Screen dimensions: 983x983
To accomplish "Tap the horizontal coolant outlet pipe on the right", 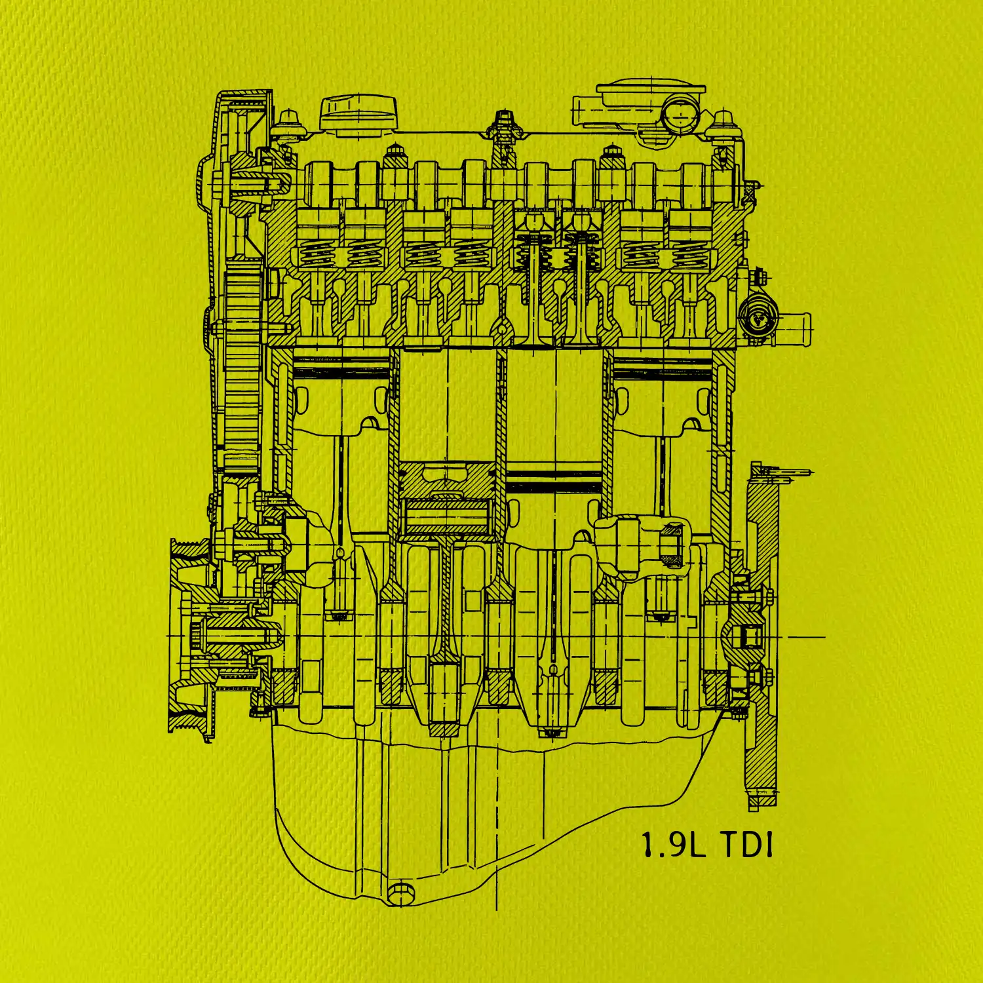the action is [793, 325].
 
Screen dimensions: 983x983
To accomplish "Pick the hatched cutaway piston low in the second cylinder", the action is [448, 498].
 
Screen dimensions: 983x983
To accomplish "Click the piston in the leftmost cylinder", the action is [341, 393].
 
